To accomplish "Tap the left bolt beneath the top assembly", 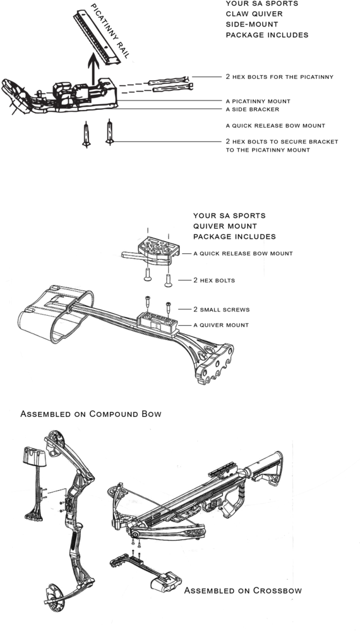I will click(86, 134).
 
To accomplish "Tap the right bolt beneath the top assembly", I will click(110, 133).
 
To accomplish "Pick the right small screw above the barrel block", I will click(169, 308).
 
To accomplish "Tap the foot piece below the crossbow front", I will click(164, 580).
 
